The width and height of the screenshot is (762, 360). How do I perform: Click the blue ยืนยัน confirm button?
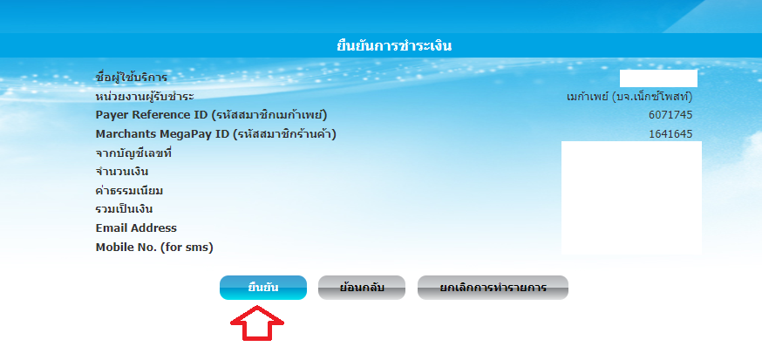[263, 288]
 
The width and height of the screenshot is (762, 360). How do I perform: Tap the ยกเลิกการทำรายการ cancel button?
[493, 288]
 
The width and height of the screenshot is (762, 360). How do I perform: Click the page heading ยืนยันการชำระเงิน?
[394, 46]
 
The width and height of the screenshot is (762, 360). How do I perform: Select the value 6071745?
[670, 115]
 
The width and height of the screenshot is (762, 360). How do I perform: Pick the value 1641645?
[670, 134]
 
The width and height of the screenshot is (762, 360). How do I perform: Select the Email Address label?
[136, 228]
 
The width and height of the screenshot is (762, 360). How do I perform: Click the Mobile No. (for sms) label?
[154, 248]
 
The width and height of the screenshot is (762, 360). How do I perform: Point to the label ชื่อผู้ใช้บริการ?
[131, 77]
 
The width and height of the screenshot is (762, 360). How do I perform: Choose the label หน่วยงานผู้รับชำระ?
[145, 96]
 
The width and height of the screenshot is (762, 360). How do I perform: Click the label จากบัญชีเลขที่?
[133, 153]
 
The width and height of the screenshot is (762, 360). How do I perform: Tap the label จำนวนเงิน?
[122, 172]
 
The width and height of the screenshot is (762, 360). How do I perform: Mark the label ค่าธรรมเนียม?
[129, 191]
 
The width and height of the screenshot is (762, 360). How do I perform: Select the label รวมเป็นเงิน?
[125, 209]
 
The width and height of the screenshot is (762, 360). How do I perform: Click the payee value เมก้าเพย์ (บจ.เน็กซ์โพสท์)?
[629, 97]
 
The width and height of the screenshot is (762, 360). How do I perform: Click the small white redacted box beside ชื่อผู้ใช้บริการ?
[658, 78]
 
